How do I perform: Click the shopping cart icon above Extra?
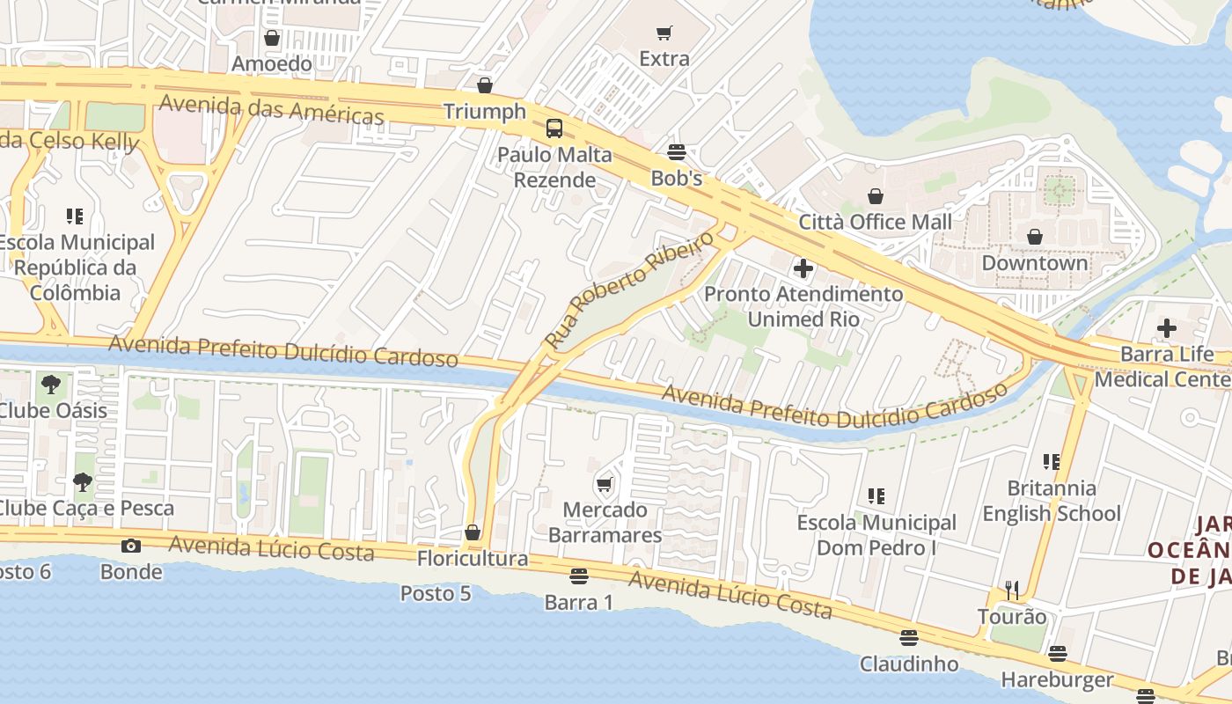tap(664, 33)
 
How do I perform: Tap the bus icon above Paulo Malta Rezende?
tap(554, 128)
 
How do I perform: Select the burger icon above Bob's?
tap(676, 152)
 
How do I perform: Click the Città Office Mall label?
tap(875, 222)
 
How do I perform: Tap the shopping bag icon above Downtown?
tap(1035, 237)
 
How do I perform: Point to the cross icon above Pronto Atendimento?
tap(803, 268)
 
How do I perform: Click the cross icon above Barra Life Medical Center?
tap(1167, 329)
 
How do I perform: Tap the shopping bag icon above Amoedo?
tap(272, 38)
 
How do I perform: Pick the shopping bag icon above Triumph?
tap(484, 85)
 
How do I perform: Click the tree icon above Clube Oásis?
tap(51, 384)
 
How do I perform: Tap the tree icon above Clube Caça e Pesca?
tap(83, 481)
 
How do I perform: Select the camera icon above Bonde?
tap(131, 546)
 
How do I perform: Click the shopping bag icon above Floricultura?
tap(473, 532)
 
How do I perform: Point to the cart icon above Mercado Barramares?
tap(605, 484)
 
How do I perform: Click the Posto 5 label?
tap(436, 593)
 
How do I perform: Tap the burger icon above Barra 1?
tap(578, 576)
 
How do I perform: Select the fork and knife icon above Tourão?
tap(1012, 590)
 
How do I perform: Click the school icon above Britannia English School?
tap(1051, 461)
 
